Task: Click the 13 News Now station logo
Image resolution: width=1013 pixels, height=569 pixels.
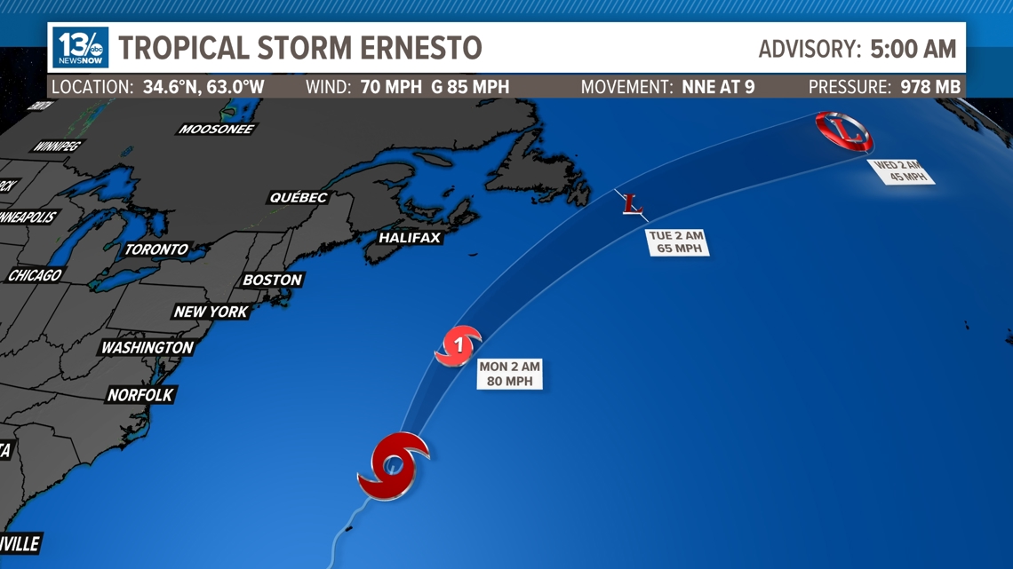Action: [x=81, y=47]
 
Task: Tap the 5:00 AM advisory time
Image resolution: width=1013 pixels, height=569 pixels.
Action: [x=913, y=49]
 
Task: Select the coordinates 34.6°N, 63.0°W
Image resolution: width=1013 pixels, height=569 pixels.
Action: [x=203, y=87]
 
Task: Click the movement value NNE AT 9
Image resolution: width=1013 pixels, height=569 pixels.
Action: [x=718, y=87]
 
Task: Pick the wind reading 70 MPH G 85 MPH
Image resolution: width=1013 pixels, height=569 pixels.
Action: [x=435, y=87]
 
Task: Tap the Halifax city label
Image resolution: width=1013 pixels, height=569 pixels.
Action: [x=410, y=238]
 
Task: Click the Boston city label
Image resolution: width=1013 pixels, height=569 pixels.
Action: [x=273, y=280]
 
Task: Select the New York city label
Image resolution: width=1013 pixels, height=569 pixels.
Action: [x=211, y=312]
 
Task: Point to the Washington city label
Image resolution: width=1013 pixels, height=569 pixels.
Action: [x=148, y=347]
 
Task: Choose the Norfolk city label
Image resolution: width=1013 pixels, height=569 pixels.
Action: [x=140, y=394]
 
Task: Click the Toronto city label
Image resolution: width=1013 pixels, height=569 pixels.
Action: [x=156, y=249]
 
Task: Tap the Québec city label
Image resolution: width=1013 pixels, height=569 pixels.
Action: [x=299, y=197]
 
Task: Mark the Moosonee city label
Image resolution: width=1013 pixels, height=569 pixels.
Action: [x=217, y=129]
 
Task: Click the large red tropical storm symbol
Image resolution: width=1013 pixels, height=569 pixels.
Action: [x=393, y=464]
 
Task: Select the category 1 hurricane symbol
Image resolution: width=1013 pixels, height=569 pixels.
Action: [x=458, y=345]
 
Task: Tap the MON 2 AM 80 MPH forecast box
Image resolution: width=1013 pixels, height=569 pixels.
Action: [x=509, y=374]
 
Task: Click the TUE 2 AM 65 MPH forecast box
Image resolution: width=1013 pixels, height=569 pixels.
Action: [x=677, y=242]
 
